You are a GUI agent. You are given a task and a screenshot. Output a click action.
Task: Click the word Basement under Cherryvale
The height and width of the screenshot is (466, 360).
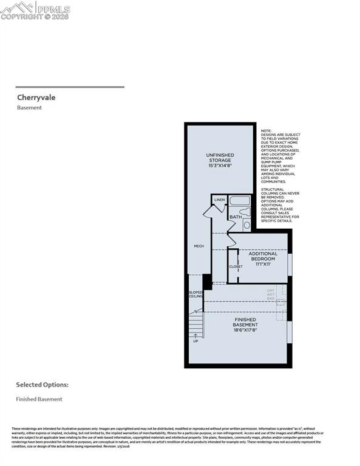click(x=29, y=108)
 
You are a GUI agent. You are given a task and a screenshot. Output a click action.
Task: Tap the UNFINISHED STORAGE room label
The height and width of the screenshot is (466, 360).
click(x=219, y=158)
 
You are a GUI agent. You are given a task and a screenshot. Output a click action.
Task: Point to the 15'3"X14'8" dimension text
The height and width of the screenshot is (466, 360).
click(x=219, y=166)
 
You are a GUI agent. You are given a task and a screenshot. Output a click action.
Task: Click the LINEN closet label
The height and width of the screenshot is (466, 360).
click(x=219, y=200)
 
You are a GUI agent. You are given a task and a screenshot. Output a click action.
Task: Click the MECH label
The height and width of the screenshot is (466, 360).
click(x=198, y=246)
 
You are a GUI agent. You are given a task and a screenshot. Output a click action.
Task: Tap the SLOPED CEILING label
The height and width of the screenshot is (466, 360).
click(x=195, y=294)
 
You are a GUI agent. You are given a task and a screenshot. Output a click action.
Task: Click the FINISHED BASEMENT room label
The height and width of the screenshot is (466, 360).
click(x=245, y=322)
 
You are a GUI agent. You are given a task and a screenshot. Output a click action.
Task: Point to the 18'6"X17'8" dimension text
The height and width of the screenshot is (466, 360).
click(x=245, y=331)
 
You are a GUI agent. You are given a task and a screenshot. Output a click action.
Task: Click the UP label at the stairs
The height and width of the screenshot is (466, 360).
click(x=195, y=341)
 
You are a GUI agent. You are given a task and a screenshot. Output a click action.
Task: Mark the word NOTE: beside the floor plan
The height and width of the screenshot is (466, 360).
click(x=267, y=130)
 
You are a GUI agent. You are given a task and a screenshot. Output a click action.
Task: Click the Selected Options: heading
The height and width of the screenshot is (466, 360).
click(x=42, y=385)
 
